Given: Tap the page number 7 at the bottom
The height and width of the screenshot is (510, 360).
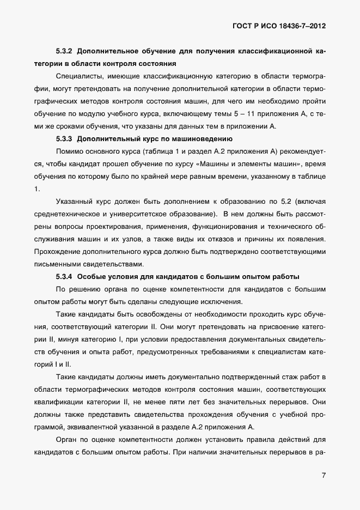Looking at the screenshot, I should point(324,475).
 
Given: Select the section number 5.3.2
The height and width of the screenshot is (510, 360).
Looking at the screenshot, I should point(65,52).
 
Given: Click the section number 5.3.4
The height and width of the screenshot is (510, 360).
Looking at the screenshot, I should point(65,276).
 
